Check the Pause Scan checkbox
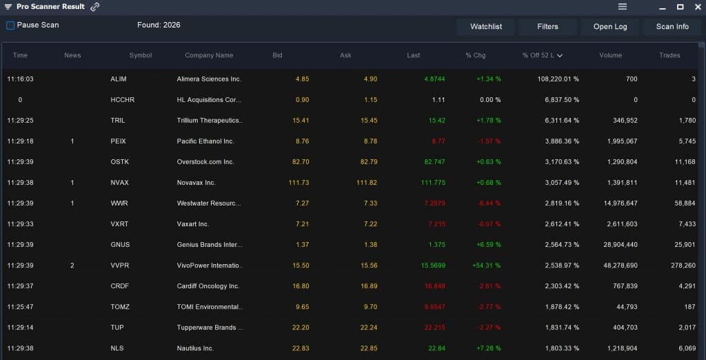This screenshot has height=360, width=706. (10, 26)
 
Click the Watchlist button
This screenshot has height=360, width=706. (486, 27)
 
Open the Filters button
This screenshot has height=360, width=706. (547, 27)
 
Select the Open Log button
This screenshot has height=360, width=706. (610, 27)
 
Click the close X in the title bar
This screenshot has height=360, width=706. (696, 7)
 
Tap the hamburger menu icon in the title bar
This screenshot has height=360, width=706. (623, 7)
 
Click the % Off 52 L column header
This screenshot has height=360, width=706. (542, 55)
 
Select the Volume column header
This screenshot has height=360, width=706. (610, 55)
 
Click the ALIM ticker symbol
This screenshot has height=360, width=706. (119, 79)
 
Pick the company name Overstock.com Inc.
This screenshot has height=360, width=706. (205, 162)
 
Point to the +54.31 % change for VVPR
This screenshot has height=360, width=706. (487, 266)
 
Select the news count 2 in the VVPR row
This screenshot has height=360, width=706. (72, 266)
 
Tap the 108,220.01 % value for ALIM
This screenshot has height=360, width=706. (558, 79)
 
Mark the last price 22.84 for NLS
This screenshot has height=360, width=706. (436, 348)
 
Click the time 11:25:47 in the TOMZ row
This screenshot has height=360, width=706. (20, 307)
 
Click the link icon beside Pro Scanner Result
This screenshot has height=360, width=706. (95, 7)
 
